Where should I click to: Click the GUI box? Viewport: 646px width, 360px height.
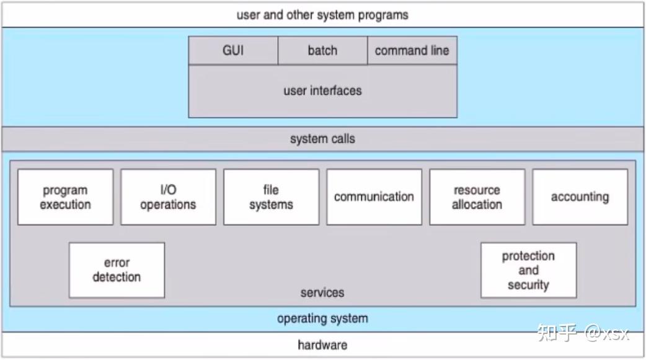[233, 51]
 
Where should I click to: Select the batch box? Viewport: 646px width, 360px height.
[322, 51]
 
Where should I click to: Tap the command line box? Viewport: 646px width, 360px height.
[412, 51]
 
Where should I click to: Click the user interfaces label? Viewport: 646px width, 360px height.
[322, 90]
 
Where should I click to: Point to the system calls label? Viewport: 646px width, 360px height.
[322, 139]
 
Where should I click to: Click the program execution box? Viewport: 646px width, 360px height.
[65, 197]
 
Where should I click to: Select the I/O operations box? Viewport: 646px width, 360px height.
[168, 197]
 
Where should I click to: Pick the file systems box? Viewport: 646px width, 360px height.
[271, 197]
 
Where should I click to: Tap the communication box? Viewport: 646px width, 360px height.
[374, 197]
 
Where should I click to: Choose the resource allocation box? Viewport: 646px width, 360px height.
[477, 197]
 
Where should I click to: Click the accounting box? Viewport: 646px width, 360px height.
[580, 197]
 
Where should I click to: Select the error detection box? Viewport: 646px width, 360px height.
[117, 270]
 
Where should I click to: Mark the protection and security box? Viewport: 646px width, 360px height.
[528, 270]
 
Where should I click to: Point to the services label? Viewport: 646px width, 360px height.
[322, 292]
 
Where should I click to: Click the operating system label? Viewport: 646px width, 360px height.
[322, 318]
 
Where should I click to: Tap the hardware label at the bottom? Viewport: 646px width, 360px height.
[322, 345]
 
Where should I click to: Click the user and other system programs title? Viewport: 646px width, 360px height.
[322, 15]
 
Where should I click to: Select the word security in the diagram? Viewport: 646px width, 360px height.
[528, 285]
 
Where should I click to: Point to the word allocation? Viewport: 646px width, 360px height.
[477, 204]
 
